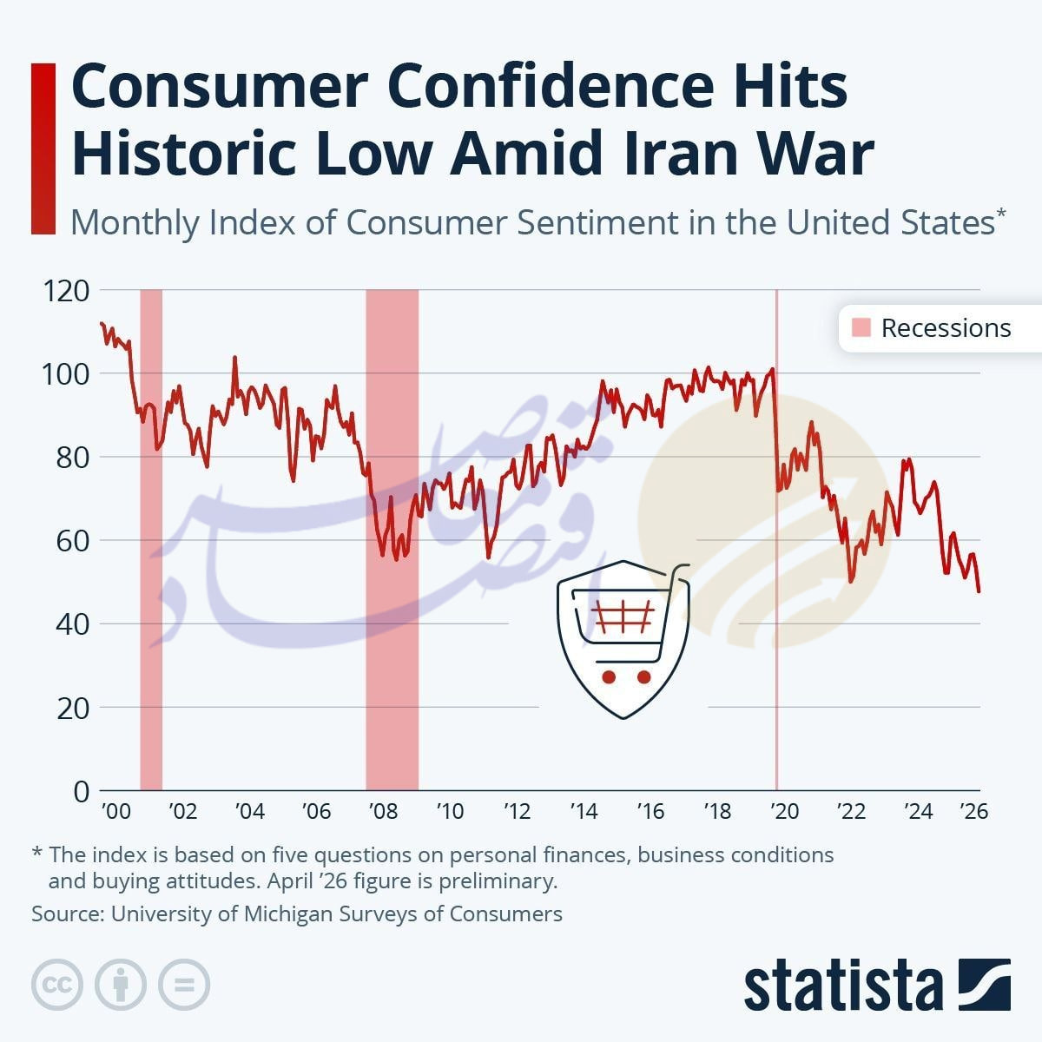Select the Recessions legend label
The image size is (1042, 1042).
coord(946,328)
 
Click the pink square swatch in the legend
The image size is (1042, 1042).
coord(861,328)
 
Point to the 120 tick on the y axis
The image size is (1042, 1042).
coord(66,290)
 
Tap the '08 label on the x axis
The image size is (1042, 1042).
coord(383,811)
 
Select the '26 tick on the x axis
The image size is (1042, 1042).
coord(973,811)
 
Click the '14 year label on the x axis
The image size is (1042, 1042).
coord(584,811)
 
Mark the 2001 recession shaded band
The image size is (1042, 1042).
coord(151,538)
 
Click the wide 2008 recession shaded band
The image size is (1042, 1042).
coord(392,538)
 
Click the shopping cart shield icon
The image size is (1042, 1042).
coord(623,638)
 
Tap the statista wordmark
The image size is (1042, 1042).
coord(843,986)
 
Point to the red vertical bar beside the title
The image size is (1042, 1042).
coord(43,148)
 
